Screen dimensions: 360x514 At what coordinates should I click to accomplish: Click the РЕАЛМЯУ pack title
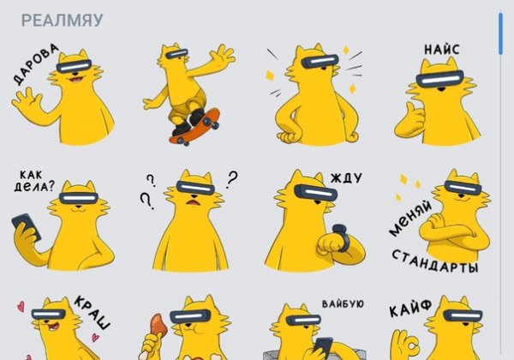coord(62,20)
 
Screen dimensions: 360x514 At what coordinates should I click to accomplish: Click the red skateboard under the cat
coord(194,129)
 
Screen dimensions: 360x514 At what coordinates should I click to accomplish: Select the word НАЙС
coord(441,50)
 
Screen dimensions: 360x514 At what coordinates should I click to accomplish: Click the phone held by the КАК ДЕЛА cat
coord(23,225)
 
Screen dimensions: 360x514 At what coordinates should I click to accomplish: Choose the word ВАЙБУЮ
coord(344,304)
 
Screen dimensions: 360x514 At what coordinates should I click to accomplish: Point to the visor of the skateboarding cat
coord(176,54)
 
